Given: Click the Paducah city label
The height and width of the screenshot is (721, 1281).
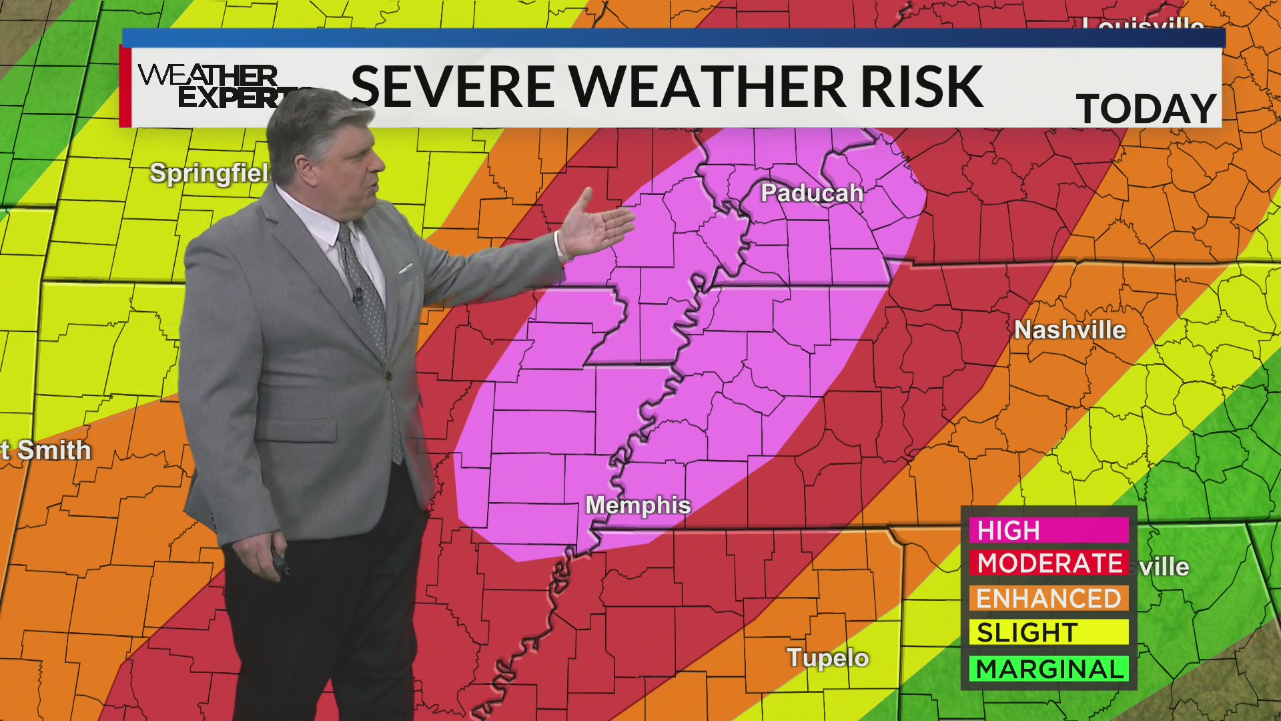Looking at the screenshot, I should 812,193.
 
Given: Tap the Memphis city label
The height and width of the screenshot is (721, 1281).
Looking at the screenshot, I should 638,505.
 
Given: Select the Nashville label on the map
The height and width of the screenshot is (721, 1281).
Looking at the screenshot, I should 1070,330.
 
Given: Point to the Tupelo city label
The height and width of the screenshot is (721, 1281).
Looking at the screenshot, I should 827,658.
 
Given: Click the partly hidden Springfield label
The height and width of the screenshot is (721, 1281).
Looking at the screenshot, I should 209,173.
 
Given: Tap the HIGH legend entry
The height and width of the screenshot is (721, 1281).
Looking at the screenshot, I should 1048,531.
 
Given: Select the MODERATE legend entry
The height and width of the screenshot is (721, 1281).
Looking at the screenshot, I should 1048,563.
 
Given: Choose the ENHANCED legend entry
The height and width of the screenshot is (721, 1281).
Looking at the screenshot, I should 1048,598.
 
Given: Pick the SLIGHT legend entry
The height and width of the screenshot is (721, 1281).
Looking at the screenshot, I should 1048,632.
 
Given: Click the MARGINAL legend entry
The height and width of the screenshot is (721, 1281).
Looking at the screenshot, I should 1048,669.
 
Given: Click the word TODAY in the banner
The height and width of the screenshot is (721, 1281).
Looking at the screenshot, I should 1146,109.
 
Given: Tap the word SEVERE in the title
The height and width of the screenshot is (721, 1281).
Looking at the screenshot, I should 452,87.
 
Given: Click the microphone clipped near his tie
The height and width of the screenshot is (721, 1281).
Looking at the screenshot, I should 358,294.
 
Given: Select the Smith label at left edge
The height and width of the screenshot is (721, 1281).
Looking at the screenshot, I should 47,451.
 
